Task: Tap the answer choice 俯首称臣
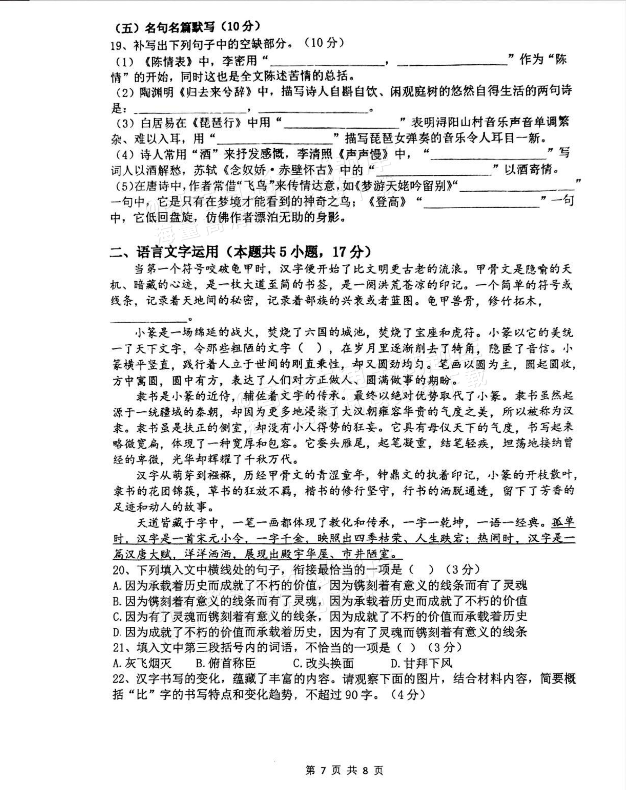tap(231, 663)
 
